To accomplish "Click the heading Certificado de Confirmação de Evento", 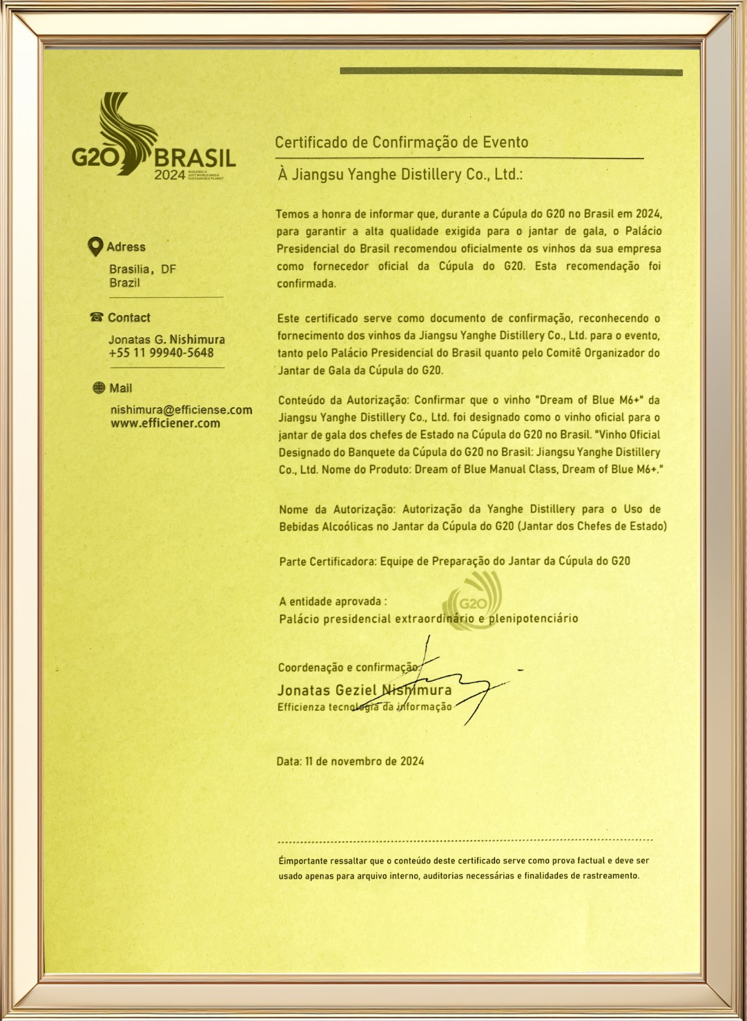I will (401, 142).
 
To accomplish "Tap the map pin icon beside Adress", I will (97, 247).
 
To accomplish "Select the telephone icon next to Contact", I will (97, 318).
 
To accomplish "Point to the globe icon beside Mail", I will (99, 388).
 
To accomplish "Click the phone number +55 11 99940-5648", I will (161, 353).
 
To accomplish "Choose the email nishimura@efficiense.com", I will (181, 410).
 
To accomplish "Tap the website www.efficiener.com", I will (165, 423).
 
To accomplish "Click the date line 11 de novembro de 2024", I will (350, 761).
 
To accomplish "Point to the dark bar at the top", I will (511, 71).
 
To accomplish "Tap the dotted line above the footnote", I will (465, 841).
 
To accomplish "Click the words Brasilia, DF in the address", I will (142, 269).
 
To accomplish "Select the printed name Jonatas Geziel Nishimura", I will (365, 690).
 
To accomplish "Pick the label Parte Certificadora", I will (327, 562).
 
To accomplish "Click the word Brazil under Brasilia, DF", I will (124, 283).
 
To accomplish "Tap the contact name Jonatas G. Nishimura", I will (166, 340).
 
